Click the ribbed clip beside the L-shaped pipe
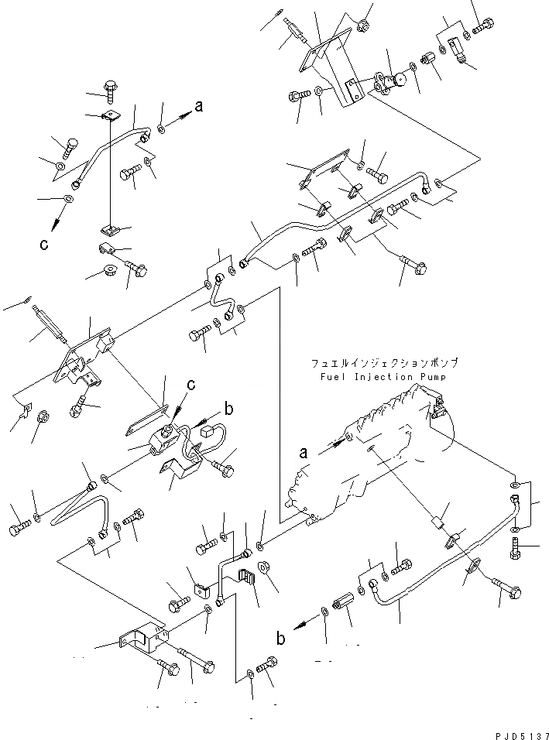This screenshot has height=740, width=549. click(246, 577)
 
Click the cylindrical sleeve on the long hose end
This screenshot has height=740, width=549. click(345, 600)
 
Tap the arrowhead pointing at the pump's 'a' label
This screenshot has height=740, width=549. click(338, 444)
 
